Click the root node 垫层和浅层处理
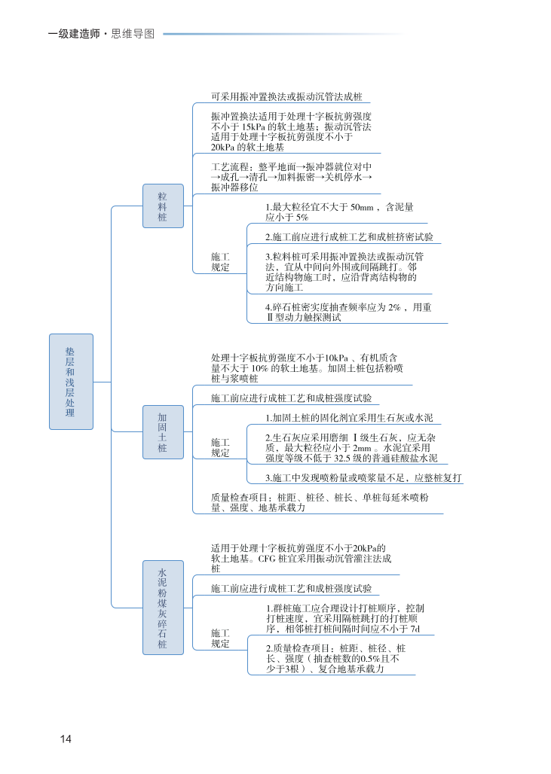point(71,381)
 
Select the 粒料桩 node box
point(163,206)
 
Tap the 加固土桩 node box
point(163,432)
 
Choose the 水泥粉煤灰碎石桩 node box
point(163,607)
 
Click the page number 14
point(66,739)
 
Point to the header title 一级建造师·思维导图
point(101,34)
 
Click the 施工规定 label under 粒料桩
point(220,262)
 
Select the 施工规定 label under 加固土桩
point(220,447)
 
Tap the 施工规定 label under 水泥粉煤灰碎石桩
point(220,638)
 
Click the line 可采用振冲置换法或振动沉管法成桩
point(286,97)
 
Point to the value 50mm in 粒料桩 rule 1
point(365,207)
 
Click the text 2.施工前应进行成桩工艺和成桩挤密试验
point(349,237)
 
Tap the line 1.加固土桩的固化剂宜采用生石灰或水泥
point(349,418)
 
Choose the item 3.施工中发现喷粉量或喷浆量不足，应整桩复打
point(363,478)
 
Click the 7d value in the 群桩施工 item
point(414,629)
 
